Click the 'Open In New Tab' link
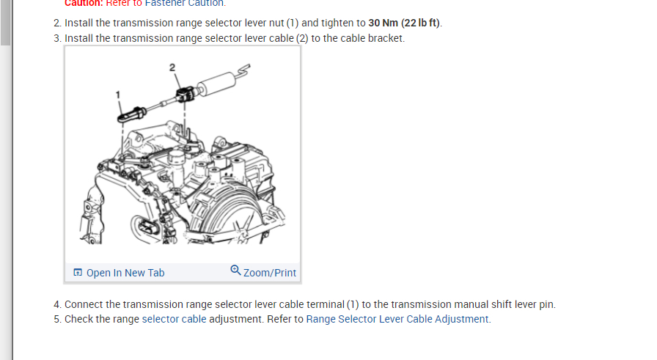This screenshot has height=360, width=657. pyautogui.click(x=125, y=273)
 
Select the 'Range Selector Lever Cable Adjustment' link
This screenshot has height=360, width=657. pyautogui.click(x=397, y=319)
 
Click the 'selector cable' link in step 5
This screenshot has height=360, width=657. pyautogui.click(x=174, y=319)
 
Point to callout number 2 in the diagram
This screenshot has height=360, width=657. pyautogui.click(x=172, y=67)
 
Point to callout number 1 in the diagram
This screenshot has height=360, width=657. pyautogui.click(x=117, y=94)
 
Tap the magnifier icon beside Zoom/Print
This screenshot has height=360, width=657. pyautogui.click(x=235, y=271)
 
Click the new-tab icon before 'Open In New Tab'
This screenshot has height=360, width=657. pyautogui.click(x=78, y=273)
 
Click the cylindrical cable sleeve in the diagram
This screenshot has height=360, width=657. pyautogui.click(x=217, y=81)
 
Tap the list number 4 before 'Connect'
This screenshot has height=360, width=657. pyautogui.click(x=56, y=304)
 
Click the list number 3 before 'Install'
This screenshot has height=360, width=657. pyautogui.click(x=56, y=38)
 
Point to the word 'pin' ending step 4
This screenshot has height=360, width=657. pyautogui.click(x=546, y=304)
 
